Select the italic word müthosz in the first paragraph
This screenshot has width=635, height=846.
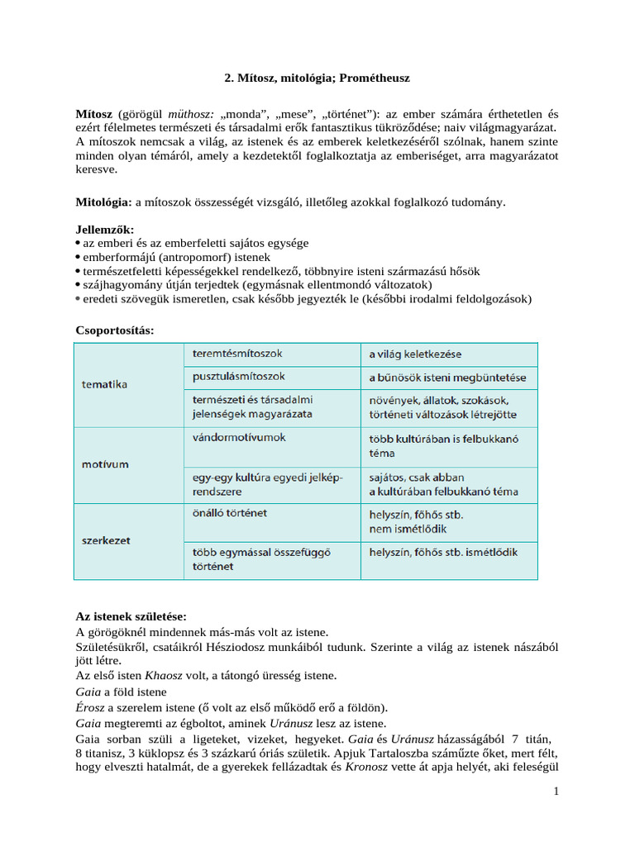[191, 113]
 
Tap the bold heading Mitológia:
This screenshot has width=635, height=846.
[103, 202]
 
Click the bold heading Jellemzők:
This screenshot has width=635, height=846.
[104, 229]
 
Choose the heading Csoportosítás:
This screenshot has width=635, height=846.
[115, 330]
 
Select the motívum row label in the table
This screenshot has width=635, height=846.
[105, 463]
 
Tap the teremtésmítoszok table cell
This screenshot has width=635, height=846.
[237, 354]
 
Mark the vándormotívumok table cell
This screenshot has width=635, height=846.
[239, 437]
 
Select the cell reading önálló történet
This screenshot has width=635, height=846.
[229, 513]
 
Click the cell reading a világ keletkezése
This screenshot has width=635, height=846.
[415, 354]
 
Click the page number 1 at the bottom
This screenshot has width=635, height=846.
[556, 792]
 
